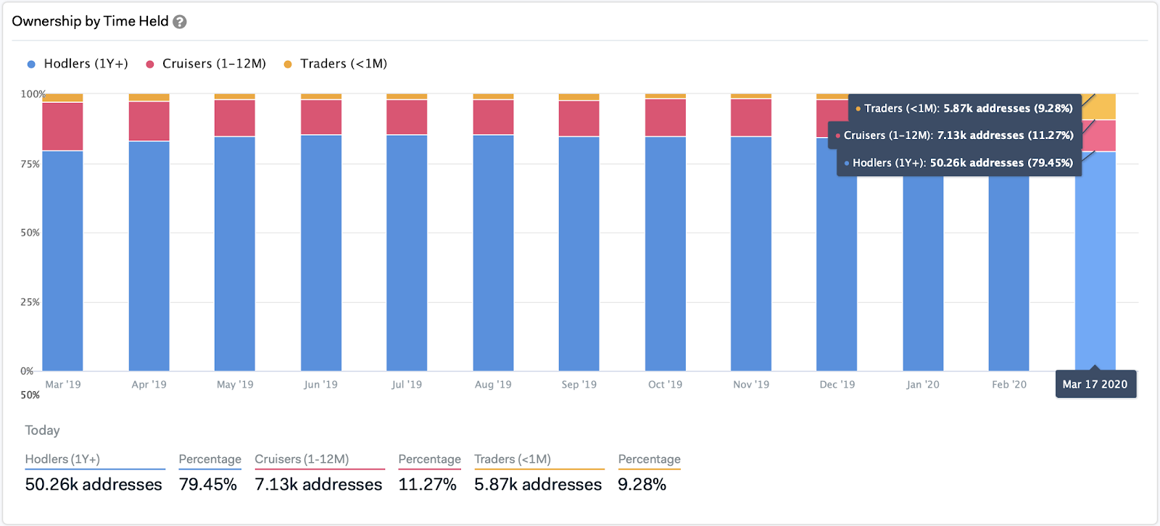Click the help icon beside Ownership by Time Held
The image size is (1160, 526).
click(x=180, y=22)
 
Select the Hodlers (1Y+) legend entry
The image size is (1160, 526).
click(x=78, y=64)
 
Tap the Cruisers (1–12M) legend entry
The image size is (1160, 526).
click(x=206, y=64)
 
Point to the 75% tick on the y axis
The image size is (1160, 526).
click(x=30, y=164)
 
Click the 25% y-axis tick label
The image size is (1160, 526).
click(x=30, y=302)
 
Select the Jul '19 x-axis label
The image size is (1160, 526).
click(x=407, y=385)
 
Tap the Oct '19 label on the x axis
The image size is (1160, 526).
click(x=665, y=385)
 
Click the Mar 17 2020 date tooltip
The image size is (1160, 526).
click(x=1095, y=385)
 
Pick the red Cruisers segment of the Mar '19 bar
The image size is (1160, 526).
click(x=62, y=126)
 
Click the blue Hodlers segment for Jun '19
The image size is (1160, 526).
click(x=321, y=254)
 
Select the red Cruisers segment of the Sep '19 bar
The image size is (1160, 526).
click(x=579, y=118)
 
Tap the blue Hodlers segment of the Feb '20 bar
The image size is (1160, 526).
click(x=1008, y=275)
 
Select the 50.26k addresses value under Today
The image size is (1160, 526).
click(x=94, y=485)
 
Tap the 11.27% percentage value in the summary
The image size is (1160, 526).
click(x=427, y=485)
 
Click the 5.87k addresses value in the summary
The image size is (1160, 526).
click(x=538, y=485)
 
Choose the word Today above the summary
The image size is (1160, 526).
click(x=42, y=430)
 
